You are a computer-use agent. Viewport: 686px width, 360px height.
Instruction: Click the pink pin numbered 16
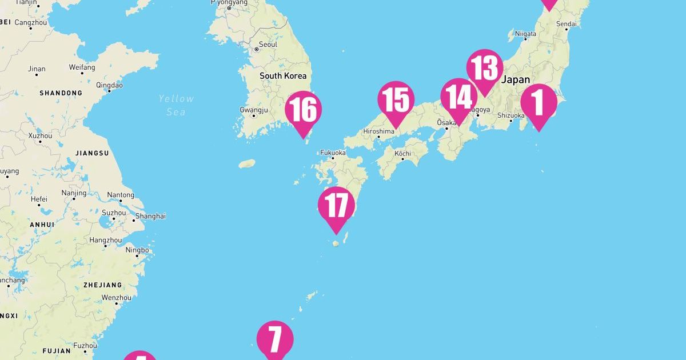pyautogui.click(x=304, y=110)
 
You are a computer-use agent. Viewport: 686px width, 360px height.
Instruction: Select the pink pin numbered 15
pyautogui.click(x=396, y=100)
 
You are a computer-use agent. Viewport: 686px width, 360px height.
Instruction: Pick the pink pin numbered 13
pyautogui.click(x=485, y=68)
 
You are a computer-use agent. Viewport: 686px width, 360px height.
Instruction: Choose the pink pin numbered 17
pyautogui.click(x=336, y=205)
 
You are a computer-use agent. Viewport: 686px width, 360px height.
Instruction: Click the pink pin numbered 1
pyautogui.click(x=539, y=103)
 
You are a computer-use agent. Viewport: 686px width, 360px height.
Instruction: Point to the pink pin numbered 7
pyautogui.click(x=275, y=339)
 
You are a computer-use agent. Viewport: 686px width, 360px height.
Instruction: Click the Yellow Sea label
pyautogui.click(x=176, y=105)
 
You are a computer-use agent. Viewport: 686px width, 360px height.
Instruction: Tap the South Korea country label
pyautogui.click(x=283, y=75)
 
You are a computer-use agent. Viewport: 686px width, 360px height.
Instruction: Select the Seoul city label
pyautogui.click(x=268, y=44)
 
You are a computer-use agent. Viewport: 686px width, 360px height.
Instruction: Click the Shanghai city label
pyautogui.click(x=151, y=216)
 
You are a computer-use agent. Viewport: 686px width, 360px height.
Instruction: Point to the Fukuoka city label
pyautogui.click(x=333, y=153)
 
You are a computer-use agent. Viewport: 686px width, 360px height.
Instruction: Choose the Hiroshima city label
pyautogui.click(x=378, y=131)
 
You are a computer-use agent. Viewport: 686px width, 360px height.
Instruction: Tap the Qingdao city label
pyautogui.click(x=109, y=85)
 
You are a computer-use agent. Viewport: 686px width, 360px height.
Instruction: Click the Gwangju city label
pyautogui.click(x=254, y=109)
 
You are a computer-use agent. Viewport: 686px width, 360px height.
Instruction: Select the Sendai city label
pyautogui.click(x=566, y=23)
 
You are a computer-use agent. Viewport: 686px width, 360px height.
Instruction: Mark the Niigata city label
pyautogui.click(x=525, y=34)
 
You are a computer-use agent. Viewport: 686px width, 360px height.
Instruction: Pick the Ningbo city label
pyautogui.click(x=137, y=250)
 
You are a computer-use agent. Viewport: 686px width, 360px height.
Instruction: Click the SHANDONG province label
pyautogui.click(x=61, y=93)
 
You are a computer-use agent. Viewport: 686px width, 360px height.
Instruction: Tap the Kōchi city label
pyautogui.click(x=402, y=153)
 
